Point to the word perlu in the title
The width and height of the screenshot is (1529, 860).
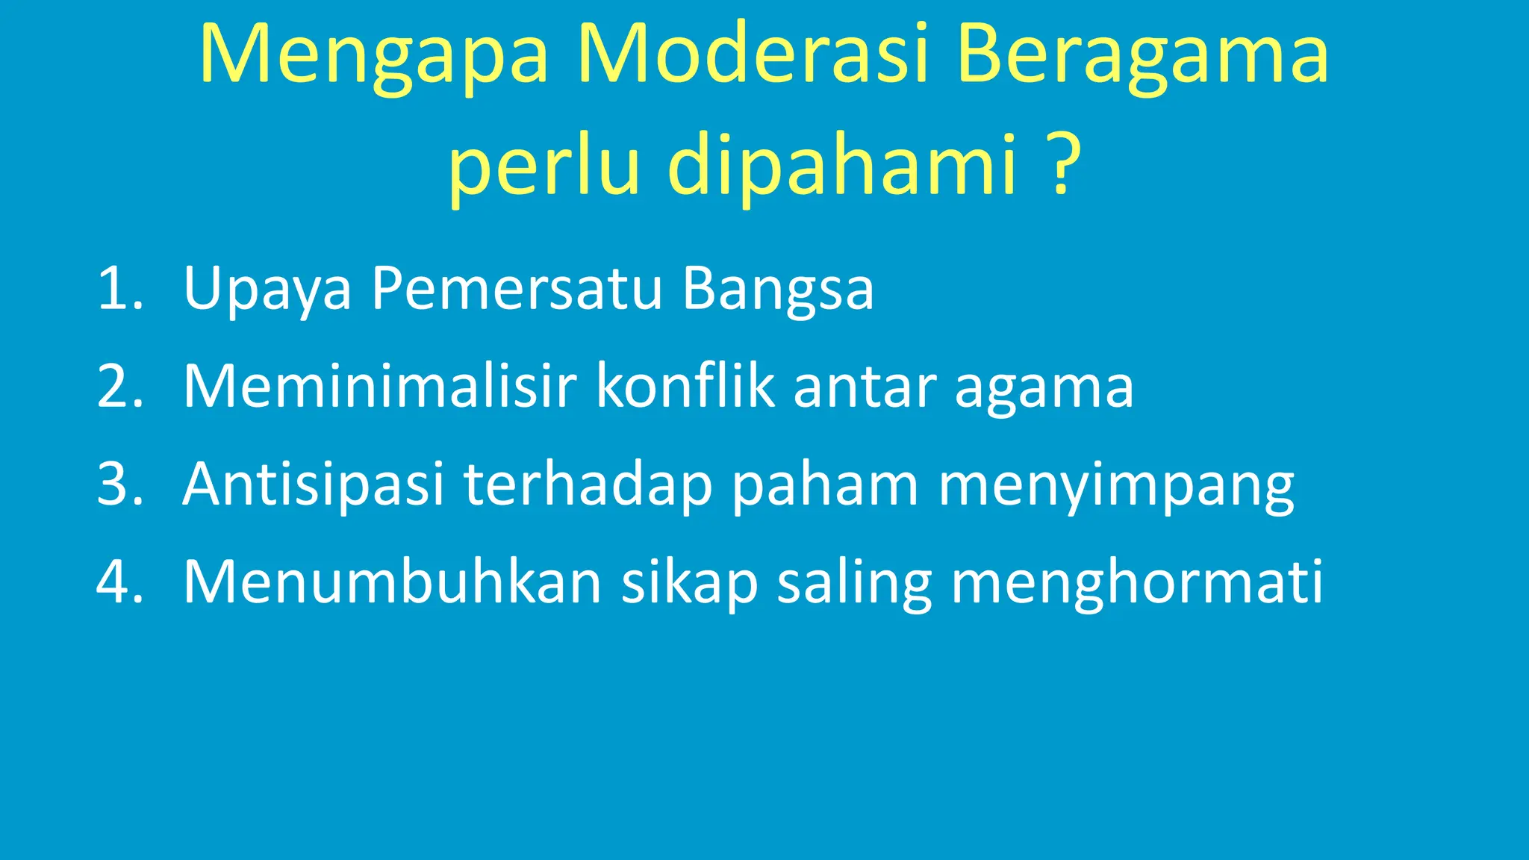click(544, 164)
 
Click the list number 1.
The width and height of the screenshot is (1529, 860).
click(119, 288)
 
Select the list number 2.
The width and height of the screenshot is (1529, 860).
click(119, 386)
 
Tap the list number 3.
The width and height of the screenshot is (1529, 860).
click(119, 484)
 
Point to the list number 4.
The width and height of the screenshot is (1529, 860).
click(119, 582)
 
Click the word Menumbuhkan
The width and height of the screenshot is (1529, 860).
click(393, 582)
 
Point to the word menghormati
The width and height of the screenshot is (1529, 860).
click(1137, 583)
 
